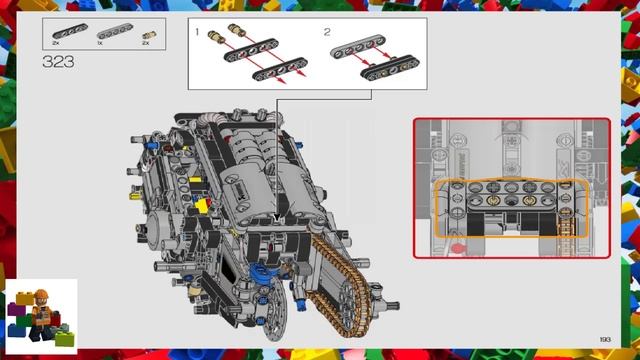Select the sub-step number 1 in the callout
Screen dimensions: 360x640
[x=198, y=33]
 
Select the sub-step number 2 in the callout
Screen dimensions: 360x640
[x=326, y=33]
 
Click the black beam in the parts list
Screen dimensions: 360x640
[x=70, y=32]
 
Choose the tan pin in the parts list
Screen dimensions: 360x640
[x=149, y=33]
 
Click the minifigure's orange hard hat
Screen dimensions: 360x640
[x=42, y=293]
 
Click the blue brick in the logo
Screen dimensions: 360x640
[x=17, y=329]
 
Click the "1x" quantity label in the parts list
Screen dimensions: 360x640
[x=100, y=44]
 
